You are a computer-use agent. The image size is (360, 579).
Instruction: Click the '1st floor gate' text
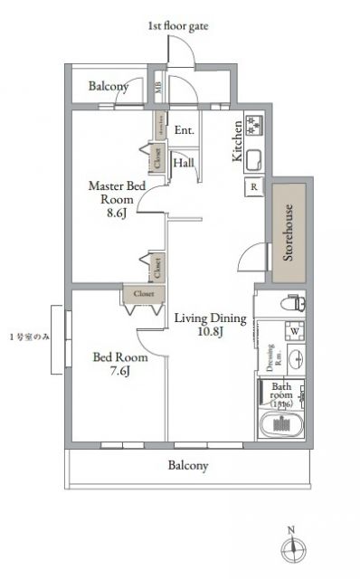178,27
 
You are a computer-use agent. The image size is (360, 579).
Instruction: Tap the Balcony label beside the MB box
108,87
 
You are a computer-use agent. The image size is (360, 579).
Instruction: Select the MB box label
159,88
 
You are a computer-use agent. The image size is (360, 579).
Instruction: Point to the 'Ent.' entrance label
185,129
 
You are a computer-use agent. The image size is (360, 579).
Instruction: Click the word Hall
184,163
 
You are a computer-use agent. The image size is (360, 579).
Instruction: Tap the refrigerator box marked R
254,188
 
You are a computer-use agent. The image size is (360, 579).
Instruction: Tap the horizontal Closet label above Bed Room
143,293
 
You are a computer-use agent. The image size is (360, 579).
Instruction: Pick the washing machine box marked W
295,331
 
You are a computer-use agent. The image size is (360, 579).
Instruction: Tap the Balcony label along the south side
188,467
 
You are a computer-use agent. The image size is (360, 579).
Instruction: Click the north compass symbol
290,546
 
